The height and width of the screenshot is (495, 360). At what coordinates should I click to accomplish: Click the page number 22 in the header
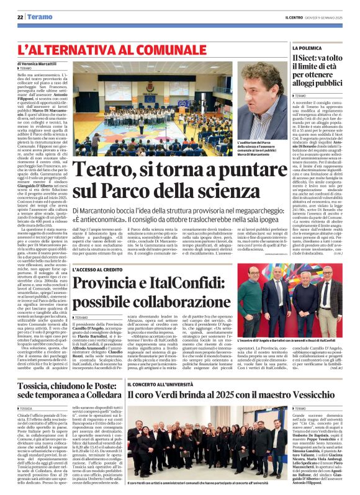tap(20, 17)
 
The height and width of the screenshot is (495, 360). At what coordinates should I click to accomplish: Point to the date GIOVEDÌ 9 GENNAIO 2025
tap(326, 17)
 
